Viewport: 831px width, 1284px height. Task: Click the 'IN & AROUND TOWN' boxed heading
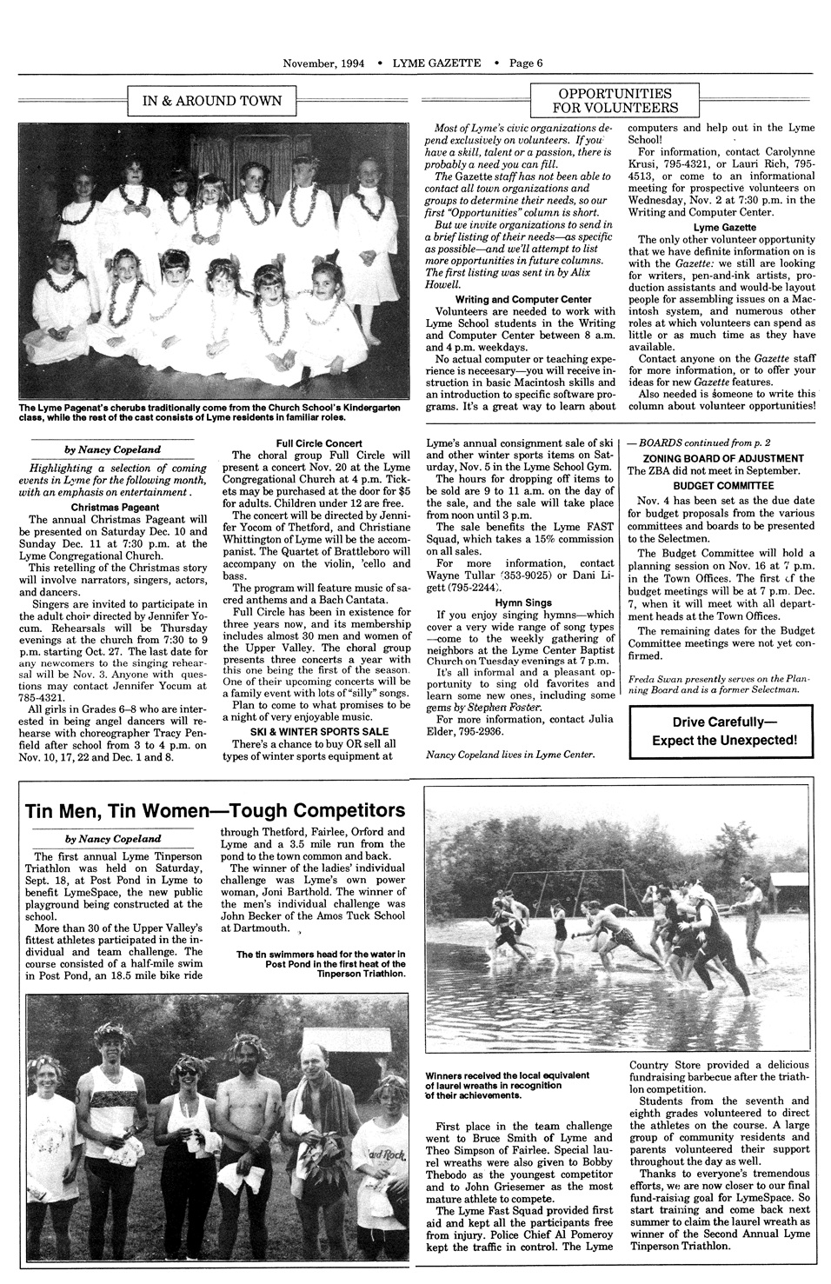211,101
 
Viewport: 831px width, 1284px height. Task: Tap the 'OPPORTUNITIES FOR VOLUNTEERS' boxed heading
615,100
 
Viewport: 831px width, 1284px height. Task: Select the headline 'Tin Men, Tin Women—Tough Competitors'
216,810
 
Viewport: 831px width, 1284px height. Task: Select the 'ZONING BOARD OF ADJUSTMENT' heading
722,458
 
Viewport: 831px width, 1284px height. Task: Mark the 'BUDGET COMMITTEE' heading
722,485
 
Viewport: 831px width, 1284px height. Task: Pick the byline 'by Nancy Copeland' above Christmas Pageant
113,450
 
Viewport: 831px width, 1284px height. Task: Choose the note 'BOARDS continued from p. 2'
699,442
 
